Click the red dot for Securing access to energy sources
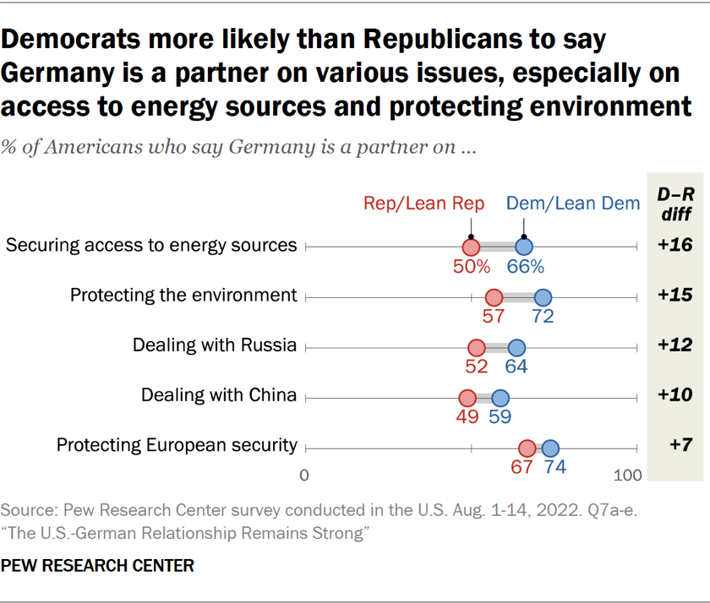coord(471,247)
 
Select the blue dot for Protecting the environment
coord(543,296)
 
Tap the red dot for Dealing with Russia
coord(477,347)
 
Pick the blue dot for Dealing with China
coord(500,398)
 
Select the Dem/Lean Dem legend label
coord(572,203)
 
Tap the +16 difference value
coord(675,246)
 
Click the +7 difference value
coord(675,446)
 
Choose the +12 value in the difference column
coord(675,345)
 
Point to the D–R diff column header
coord(675,204)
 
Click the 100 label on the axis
coord(628,475)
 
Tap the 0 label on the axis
coord(304,475)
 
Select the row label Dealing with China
coord(219,395)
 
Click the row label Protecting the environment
coord(183,295)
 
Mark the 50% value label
coord(471,267)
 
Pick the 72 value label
coord(543,317)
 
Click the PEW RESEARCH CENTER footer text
coord(97,566)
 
